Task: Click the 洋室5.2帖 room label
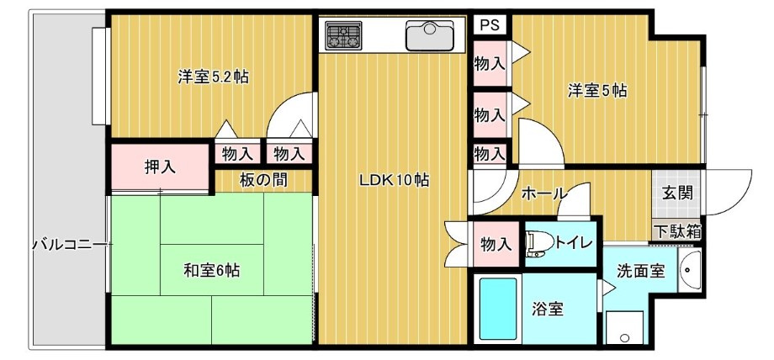(212, 77)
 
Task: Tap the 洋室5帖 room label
(596, 90)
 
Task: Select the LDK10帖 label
(395, 179)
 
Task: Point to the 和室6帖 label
(212, 270)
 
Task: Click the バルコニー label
(68, 245)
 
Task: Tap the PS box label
(489, 24)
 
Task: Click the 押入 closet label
(159, 167)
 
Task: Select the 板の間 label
(264, 178)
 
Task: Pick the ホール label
(543, 193)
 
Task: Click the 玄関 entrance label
(676, 192)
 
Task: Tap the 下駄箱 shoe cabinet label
(678, 230)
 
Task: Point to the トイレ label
(574, 243)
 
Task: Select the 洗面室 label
(641, 272)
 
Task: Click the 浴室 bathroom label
(547, 309)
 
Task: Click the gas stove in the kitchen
(342, 36)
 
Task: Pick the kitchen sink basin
(429, 35)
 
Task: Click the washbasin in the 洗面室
(690, 271)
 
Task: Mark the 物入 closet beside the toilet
(496, 244)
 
